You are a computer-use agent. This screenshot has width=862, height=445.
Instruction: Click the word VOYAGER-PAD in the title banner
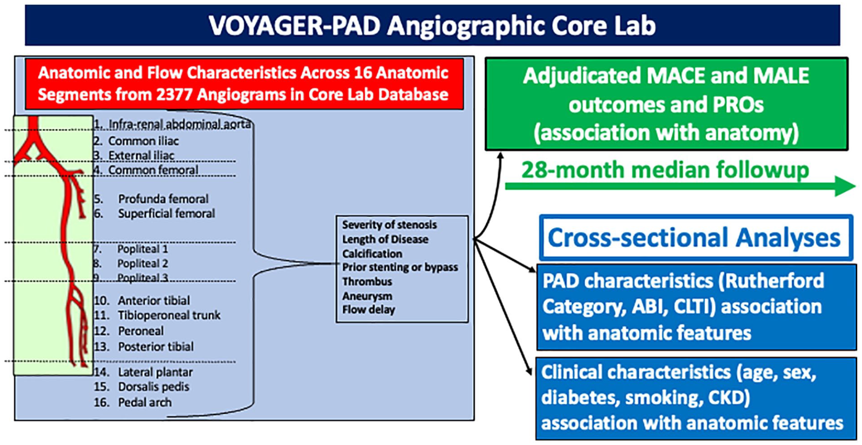(295, 26)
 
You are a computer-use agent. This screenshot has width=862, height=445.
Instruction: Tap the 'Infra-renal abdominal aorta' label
(179, 124)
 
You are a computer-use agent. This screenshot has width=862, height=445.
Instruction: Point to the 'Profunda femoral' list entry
(163, 199)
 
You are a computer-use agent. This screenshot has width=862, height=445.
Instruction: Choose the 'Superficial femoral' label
(166, 213)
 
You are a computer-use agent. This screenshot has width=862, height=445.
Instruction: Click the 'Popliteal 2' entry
(143, 263)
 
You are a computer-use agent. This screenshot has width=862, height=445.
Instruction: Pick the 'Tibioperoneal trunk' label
(169, 315)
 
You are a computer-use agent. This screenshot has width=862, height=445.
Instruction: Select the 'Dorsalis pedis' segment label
(153, 386)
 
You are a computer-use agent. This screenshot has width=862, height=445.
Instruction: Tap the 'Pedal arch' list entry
(145, 402)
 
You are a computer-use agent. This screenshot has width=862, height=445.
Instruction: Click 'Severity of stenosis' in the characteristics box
(389, 225)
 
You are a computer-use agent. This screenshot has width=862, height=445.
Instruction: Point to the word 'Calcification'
(372, 253)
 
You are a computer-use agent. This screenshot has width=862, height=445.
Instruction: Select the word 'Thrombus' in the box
(367, 281)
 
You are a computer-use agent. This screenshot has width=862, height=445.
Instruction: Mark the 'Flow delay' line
(368, 310)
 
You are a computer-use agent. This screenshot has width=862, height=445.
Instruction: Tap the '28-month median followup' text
(665, 170)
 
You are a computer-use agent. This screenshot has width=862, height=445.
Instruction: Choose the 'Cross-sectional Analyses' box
(696, 238)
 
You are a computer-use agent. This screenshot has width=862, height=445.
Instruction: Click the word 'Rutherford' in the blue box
(774, 281)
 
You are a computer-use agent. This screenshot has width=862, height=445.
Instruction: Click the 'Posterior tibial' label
(156, 347)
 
